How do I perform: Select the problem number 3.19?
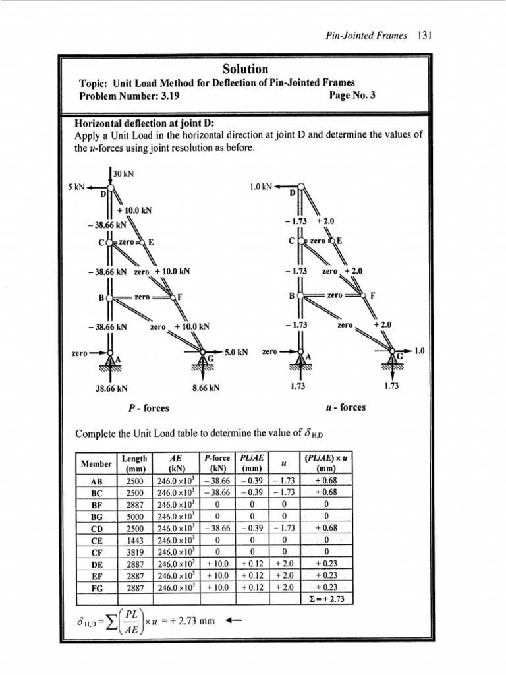[x=167, y=95]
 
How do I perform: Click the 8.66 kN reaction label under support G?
[x=206, y=388]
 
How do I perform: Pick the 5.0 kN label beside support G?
[x=235, y=353]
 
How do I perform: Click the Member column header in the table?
[x=96, y=463]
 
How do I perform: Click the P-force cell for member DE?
[x=217, y=562]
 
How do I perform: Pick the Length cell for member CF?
[x=134, y=550]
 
